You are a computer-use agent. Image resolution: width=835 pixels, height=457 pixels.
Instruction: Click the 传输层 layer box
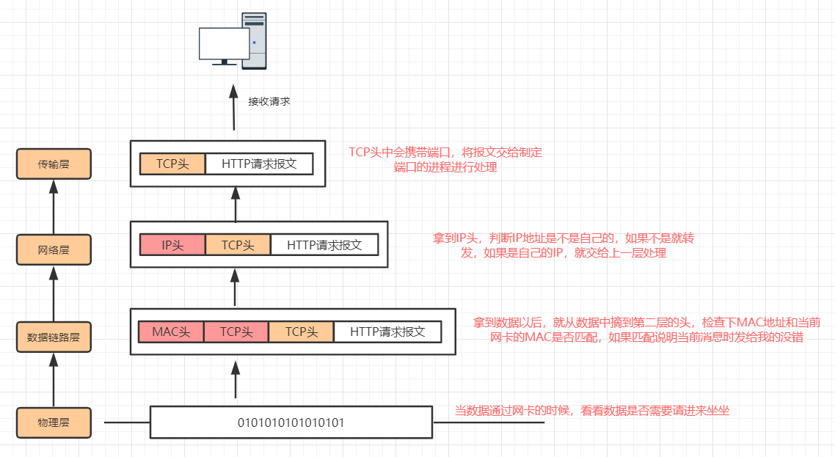tap(54, 164)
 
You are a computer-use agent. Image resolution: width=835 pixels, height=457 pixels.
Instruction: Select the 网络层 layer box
tap(54, 249)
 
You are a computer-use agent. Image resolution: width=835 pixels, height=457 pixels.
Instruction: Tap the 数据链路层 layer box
tap(54, 337)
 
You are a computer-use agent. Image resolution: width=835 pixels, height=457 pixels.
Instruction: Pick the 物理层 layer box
tap(54, 423)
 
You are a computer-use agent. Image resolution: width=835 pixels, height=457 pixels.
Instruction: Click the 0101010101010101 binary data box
tap(291, 423)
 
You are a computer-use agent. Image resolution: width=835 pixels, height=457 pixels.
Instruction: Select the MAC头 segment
tap(171, 332)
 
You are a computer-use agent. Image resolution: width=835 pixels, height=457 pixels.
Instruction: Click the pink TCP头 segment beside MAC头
tap(236, 332)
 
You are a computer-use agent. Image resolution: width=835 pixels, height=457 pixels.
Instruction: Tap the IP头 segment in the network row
tap(172, 245)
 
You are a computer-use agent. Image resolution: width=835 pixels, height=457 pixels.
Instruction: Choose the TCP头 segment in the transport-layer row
tap(172, 164)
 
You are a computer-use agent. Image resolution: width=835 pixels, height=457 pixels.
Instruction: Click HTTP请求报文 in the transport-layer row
tap(259, 164)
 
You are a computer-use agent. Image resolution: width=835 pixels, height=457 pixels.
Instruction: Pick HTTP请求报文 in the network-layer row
tap(324, 245)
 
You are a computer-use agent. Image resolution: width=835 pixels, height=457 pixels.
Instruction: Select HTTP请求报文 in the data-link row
tap(387, 332)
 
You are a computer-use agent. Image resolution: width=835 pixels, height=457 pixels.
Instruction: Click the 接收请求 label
tap(269, 102)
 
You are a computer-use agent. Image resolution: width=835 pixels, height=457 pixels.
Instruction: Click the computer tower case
tap(254, 40)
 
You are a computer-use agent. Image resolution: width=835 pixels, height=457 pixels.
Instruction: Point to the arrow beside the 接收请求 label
tap(234, 107)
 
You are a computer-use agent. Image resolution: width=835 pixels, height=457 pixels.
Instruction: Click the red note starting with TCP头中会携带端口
tap(445, 159)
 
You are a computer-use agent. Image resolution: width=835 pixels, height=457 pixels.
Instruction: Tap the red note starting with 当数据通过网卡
tap(592, 411)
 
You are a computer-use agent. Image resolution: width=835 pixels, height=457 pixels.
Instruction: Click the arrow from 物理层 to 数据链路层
tap(54, 380)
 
